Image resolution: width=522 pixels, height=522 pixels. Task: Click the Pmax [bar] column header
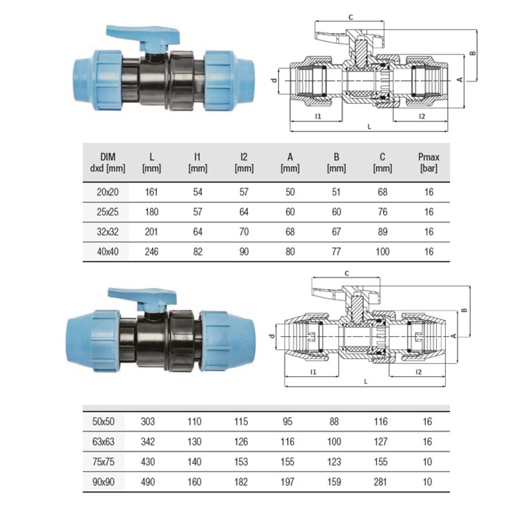[428, 162]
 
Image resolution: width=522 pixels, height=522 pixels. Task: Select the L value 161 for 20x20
[151, 192]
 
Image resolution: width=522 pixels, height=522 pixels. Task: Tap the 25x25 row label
[107, 212]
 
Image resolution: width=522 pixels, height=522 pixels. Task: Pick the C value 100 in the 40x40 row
[382, 251]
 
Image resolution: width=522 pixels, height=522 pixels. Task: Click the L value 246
[151, 251]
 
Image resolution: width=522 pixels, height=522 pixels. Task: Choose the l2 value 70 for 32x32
[244, 232]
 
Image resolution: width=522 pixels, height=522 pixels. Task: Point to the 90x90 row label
[103, 482]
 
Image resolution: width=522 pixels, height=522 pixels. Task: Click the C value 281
[380, 482]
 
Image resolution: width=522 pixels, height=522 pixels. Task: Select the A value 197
[287, 482]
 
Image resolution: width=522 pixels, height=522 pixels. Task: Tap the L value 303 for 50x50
[148, 421]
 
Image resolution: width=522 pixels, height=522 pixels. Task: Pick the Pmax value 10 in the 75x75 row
[427, 462]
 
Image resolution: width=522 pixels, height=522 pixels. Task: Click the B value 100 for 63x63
[334, 441]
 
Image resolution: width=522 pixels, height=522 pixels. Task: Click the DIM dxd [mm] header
[107, 162]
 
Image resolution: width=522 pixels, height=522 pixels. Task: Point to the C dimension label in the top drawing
[350, 17]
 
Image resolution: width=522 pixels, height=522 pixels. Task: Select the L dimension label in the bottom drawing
[366, 381]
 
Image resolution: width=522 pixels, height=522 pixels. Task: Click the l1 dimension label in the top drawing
[318, 116]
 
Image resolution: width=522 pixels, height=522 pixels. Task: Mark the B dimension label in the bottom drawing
[465, 310]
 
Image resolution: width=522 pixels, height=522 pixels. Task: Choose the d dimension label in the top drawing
[274, 80]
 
